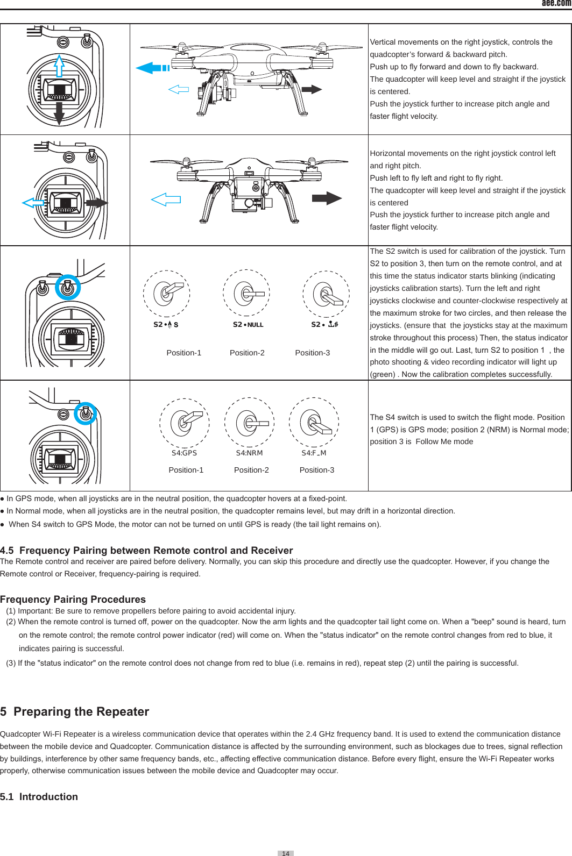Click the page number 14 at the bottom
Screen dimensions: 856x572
pyautogui.click(x=286, y=853)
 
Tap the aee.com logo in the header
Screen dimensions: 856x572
pyautogui.click(x=556, y=3)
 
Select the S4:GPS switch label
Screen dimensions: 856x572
pyautogui.click(x=184, y=453)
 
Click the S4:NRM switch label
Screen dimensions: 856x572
pyautogui.click(x=249, y=453)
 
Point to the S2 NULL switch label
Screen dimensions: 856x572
pyautogui.click(x=248, y=324)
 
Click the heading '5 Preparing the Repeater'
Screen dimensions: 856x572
pyautogui.click(x=75, y=711)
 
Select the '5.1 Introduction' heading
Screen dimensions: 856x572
pyautogui.click(x=39, y=796)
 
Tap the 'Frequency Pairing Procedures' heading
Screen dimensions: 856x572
pyautogui.click(x=73, y=599)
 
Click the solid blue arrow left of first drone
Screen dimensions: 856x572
pyautogui.click(x=152, y=68)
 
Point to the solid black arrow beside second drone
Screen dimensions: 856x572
pyautogui.click(x=326, y=198)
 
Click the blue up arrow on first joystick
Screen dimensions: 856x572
pyautogui.click(x=59, y=66)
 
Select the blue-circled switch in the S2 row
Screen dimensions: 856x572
pyautogui.click(x=67, y=288)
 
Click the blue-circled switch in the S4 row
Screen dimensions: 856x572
pyautogui.click(x=84, y=413)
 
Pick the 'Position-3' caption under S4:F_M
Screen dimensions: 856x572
pyautogui.click(x=316, y=470)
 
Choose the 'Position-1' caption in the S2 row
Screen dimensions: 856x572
pyautogui.click(x=183, y=353)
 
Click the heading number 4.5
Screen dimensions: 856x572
pyautogui.click(x=8, y=550)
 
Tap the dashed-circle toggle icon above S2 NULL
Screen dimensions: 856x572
pyautogui.click(x=246, y=293)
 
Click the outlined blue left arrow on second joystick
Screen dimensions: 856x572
pyautogui.click(x=33, y=203)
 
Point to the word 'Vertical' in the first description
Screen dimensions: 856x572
pyautogui.click(x=383, y=42)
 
